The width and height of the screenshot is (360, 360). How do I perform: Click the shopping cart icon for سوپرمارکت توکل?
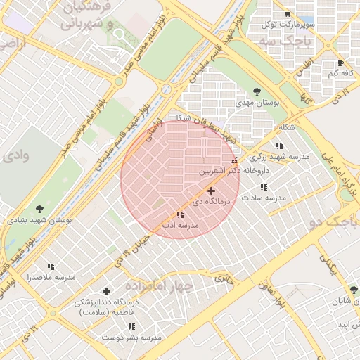click(287, 14)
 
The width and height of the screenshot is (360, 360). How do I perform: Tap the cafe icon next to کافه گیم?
click(341, 63)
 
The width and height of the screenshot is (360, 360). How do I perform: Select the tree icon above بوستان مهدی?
click(257, 91)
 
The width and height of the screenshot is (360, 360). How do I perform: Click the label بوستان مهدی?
click(257, 103)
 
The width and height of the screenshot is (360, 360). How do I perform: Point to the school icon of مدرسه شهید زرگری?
click(279, 146)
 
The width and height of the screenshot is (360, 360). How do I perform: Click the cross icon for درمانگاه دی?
click(211, 191)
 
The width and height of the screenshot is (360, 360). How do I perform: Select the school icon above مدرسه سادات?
click(264, 188)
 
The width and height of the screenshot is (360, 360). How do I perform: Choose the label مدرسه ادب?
click(179, 226)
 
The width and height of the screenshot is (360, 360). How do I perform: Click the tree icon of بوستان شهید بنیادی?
click(39, 208)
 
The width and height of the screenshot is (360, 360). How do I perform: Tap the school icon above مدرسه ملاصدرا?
click(51, 266)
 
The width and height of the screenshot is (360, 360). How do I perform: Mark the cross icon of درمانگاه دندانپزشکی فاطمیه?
click(106, 291)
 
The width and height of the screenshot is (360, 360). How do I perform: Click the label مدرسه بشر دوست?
click(131, 337)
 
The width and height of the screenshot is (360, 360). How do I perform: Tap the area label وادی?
click(16, 155)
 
